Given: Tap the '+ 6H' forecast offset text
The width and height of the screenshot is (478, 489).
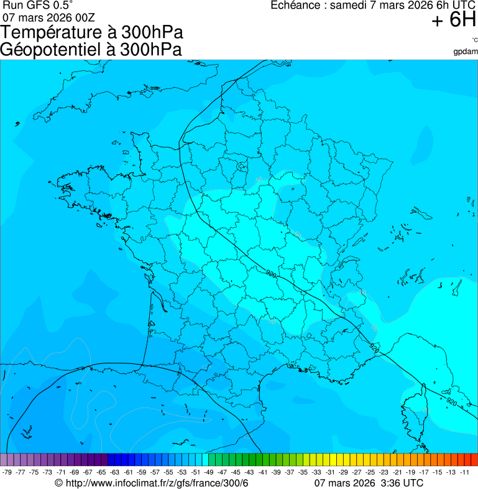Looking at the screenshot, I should coord(454,21).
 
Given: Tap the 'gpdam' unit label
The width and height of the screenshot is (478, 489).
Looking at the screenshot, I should coord(466,51).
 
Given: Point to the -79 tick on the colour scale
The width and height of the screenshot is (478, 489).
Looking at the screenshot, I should coord(7,472).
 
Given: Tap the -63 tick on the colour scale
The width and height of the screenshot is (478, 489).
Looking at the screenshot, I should coord(115,472).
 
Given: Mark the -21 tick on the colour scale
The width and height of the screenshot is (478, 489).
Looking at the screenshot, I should coord(397,472).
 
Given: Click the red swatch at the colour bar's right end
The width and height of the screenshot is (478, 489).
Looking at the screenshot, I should coord(474,459).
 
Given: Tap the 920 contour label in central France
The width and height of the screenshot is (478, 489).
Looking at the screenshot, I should coord(271,273).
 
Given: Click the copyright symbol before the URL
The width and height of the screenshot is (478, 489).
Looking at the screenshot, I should coord(59,483).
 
